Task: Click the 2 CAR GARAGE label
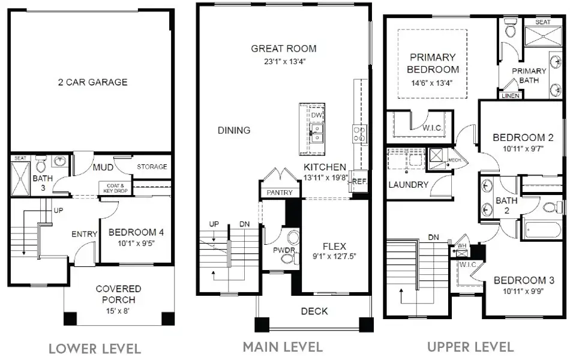point(92,82)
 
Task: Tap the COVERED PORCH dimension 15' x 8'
point(118,310)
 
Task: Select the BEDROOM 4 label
point(136,232)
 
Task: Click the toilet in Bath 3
point(41,164)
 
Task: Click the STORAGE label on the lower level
point(152,167)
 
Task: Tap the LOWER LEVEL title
point(94,349)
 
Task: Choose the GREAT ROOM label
point(283,49)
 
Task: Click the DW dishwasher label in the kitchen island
point(316,115)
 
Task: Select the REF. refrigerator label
point(359,181)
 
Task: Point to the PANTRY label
point(280,193)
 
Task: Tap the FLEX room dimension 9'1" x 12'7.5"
point(334,256)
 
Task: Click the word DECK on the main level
point(314,311)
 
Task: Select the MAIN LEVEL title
point(282,347)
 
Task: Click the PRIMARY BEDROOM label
point(433,63)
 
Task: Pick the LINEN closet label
point(510,95)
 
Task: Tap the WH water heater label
point(461,245)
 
